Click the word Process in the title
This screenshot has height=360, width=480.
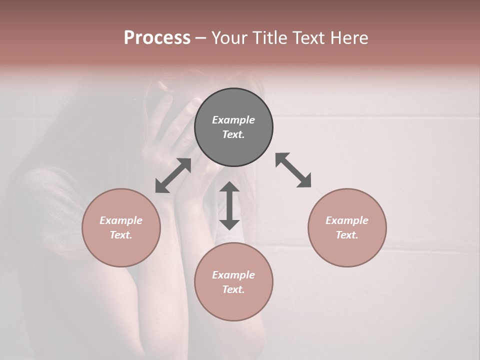(x=157, y=38)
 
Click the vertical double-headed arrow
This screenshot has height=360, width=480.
(x=229, y=205)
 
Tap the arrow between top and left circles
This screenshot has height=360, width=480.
(x=173, y=175)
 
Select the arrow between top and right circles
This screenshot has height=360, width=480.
(x=293, y=170)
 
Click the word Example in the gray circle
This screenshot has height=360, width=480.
(x=233, y=120)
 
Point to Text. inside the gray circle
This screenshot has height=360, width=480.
(x=233, y=134)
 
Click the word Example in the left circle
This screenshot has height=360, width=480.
(x=121, y=220)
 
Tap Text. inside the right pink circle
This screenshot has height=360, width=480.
(x=347, y=235)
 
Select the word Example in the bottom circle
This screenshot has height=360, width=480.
(x=233, y=275)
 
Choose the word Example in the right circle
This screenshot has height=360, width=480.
(x=347, y=220)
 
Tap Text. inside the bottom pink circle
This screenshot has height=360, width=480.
(x=233, y=289)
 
